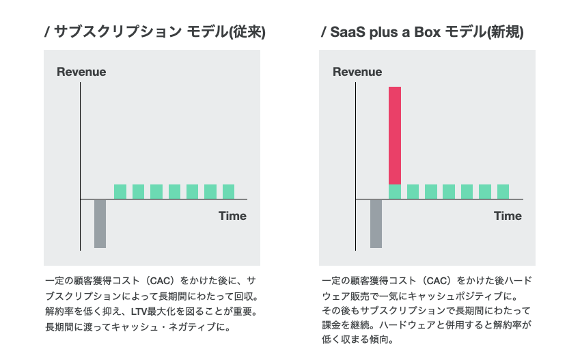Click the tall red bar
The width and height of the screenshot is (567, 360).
pyautogui.click(x=395, y=135)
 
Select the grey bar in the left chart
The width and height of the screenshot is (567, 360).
pyautogui.click(x=100, y=224)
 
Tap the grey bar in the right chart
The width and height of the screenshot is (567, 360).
pyautogui.click(x=376, y=224)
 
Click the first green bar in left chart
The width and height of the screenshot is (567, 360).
pyautogui.click(x=120, y=191)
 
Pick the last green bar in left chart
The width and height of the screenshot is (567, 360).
pyautogui.click(x=229, y=191)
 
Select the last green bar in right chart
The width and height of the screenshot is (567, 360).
pyautogui.click(x=503, y=191)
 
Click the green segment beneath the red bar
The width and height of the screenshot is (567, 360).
pyautogui.click(x=395, y=191)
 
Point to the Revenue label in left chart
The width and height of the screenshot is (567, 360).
pyautogui.click(x=81, y=72)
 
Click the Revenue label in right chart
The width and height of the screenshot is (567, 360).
pyautogui.click(x=357, y=72)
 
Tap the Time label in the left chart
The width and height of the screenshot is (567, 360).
pyautogui.click(x=232, y=216)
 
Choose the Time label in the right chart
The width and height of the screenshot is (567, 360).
pyautogui.click(x=508, y=216)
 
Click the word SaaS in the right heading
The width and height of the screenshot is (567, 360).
pyautogui.click(x=347, y=32)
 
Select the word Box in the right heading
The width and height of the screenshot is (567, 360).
pyautogui.click(x=428, y=32)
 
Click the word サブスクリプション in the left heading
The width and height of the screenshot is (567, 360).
pyautogui.click(x=117, y=32)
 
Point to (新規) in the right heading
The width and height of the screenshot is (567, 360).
pyautogui.click(x=505, y=32)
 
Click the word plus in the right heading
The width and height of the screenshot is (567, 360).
pyautogui.click(x=384, y=33)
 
